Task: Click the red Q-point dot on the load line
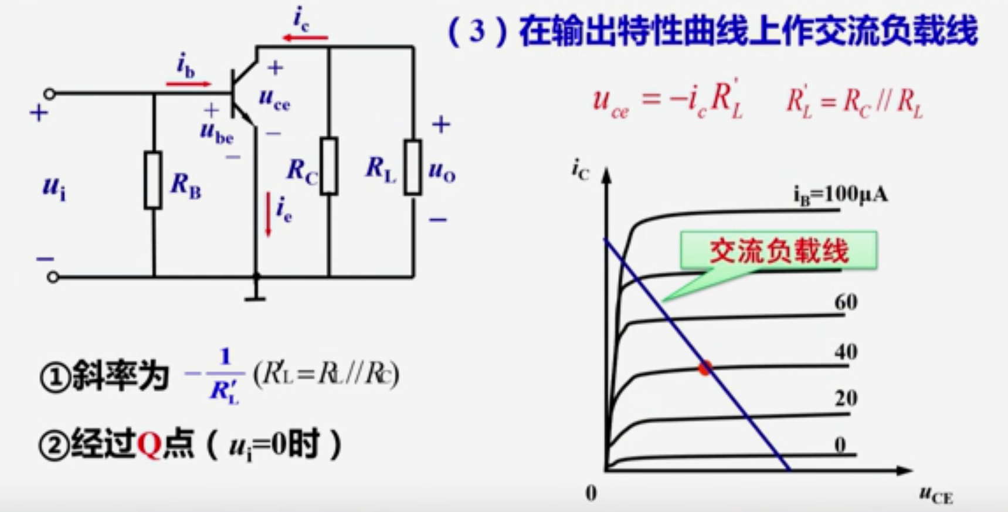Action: coord(705,368)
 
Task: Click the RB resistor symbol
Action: coord(153,180)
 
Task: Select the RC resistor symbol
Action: coord(329,166)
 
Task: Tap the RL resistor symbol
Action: coord(413,167)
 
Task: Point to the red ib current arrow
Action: coord(188,84)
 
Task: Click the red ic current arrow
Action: coord(305,38)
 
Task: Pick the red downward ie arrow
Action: coord(269,215)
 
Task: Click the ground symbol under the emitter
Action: coord(255,296)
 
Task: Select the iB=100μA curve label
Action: coord(840,194)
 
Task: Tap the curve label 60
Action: coord(846,302)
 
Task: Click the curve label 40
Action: coord(846,352)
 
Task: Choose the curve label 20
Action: coord(846,398)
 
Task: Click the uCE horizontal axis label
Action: coord(935,496)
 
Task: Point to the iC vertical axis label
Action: coord(580,170)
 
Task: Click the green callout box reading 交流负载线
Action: coord(778,251)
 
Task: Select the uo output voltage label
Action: coord(442,171)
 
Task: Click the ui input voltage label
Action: coord(54,188)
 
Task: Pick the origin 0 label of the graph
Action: coord(591,493)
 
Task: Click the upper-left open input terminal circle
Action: coord(50,94)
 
